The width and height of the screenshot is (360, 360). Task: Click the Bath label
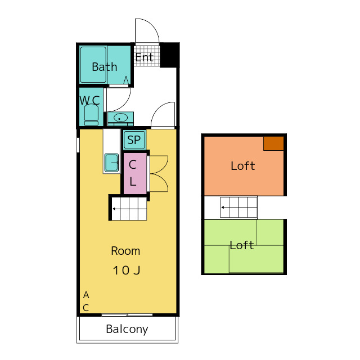click(105, 67)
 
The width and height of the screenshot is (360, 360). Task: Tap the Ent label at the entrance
click(144, 57)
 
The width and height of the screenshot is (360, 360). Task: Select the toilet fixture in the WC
click(91, 115)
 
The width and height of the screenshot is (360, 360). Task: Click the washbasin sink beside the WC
click(120, 118)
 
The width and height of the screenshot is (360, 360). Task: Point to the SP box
click(134, 139)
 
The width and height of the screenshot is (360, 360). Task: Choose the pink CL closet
click(135, 173)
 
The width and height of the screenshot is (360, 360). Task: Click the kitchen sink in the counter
click(111, 163)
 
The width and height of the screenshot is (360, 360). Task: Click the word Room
click(125, 251)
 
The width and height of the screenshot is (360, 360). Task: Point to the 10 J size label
click(127, 270)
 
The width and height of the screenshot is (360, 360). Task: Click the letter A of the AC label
click(86, 295)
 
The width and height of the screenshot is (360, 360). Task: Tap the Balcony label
click(127, 330)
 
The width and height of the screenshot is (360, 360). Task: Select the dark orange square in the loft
click(273, 143)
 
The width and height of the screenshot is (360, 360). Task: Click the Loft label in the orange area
click(242, 166)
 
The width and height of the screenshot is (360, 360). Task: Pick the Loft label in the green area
click(242, 245)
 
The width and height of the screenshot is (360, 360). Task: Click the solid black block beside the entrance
click(169, 55)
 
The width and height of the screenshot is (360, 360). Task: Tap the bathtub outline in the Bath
click(93, 65)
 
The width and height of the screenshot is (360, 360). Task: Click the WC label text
click(89, 100)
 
